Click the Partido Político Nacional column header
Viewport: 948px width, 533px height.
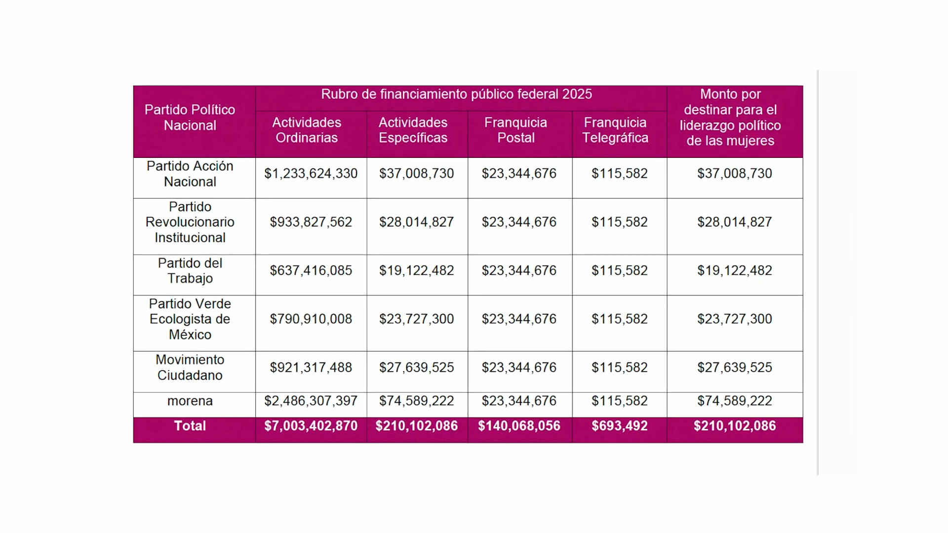[190, 117]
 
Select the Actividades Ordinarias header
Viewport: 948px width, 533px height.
[307, 130]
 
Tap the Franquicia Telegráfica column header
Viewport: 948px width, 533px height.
[615, 130]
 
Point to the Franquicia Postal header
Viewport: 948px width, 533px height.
[515, 130]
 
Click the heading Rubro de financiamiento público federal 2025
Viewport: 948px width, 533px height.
[456, 94]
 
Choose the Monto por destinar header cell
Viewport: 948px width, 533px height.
[730, 117]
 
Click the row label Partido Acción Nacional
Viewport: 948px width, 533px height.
[190, 174]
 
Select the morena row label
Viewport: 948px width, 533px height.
[190, 401]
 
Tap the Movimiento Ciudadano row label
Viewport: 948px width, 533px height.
[190, 368]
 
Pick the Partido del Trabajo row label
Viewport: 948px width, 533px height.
[190, 270]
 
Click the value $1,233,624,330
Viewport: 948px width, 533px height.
[311, 174]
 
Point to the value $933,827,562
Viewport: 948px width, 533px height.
[311, 222]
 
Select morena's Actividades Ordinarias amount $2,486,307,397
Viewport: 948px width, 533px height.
[311, 401]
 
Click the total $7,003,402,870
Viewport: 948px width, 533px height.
[311, 426]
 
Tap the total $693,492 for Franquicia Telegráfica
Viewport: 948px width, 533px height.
[620, 426]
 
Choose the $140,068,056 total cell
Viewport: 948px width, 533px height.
[519, 426]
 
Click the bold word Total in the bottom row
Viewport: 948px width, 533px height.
[190, 426]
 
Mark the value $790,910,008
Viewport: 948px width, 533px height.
[311, 319]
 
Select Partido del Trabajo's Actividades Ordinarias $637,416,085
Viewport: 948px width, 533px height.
[311, 270]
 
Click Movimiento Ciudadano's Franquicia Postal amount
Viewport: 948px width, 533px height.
[519, 368]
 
